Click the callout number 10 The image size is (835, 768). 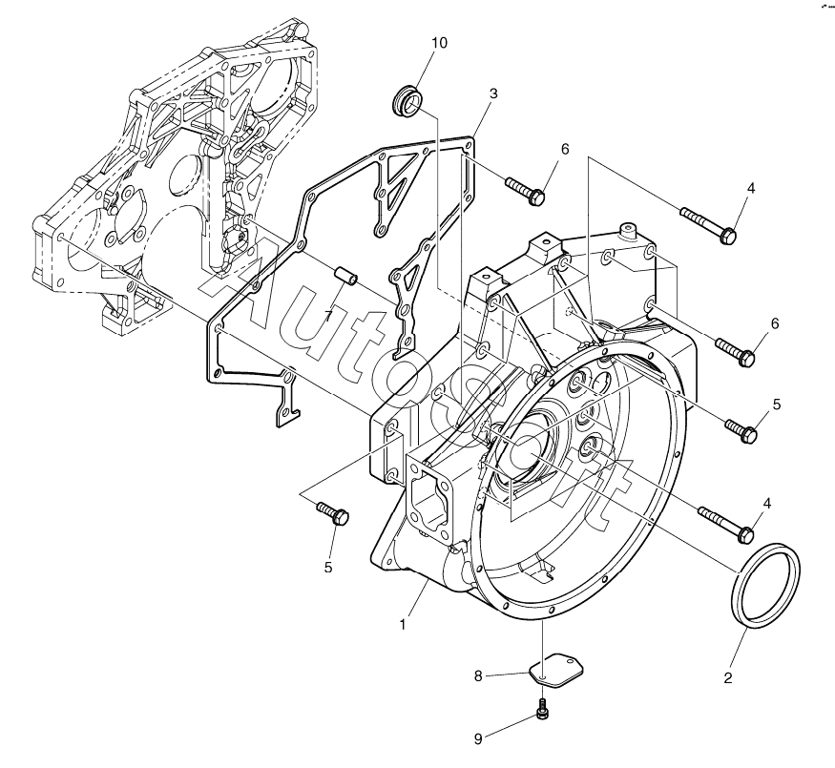tap(439, 44)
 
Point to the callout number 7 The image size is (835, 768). tap(327, 315)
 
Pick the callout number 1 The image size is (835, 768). tap(404, 625)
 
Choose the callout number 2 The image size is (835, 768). tap(727, 678)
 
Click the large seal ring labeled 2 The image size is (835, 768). tap(764, 585)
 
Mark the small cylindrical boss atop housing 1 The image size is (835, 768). tap(627, 232)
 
